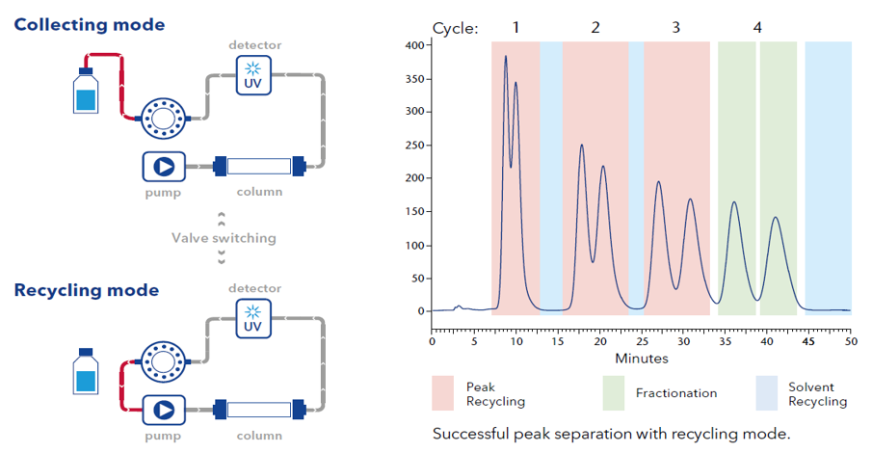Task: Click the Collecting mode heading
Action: (x=89, y=25)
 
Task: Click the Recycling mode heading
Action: (x=87, y=289)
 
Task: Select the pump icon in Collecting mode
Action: (x=163, y=167)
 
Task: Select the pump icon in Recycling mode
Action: (x=163, y=410)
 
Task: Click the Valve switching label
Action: (x=224, y=237)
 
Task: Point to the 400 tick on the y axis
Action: (x=414, y=45)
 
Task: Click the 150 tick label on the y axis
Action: (x=414, y=211)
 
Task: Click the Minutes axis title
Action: (x=642, y=359)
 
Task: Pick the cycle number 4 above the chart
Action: (x=757, y=27)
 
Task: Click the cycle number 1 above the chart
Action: (x=516, y=27)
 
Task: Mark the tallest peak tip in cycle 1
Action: (x=506, y=56)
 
